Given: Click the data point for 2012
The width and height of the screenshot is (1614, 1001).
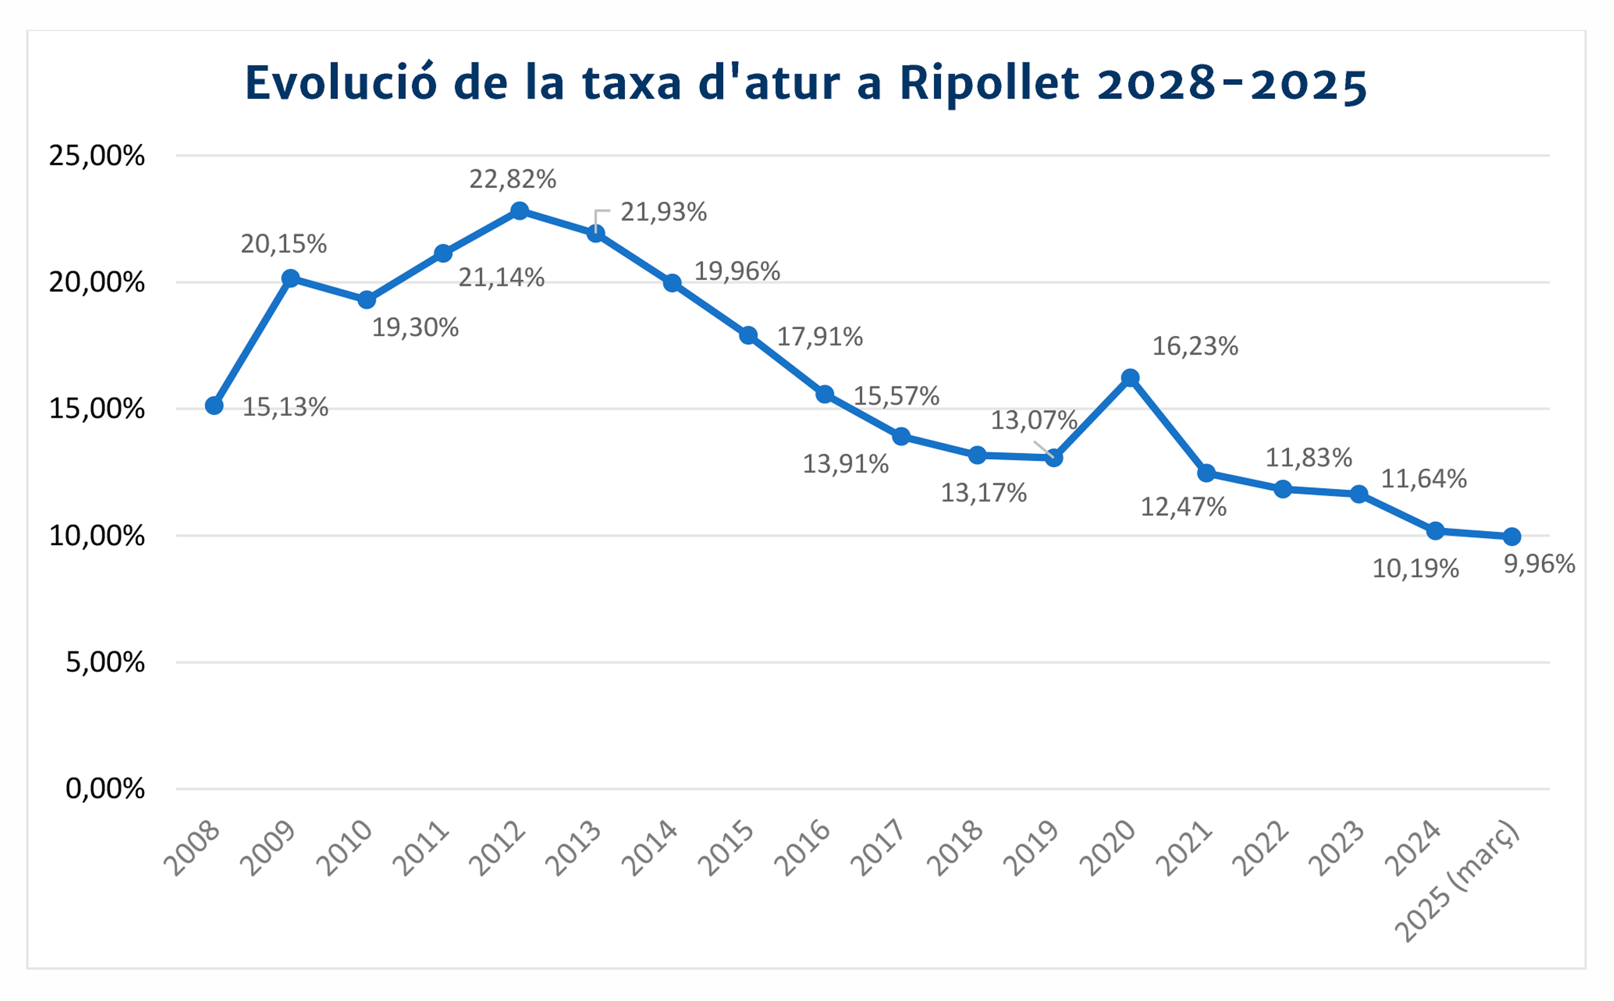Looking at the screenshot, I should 519,211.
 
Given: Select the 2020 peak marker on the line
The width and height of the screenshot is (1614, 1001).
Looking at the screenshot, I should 1130,378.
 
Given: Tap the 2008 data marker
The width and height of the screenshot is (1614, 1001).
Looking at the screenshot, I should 214,406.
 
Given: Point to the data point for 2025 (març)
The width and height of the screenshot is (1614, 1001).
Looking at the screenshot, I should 1512,536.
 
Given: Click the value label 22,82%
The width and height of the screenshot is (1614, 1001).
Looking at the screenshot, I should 513,179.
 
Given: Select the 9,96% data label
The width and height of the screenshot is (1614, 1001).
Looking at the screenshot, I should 1539,564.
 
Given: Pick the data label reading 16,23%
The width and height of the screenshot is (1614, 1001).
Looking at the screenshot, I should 1195,346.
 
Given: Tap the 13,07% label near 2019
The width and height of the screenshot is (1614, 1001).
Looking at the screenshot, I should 1034,420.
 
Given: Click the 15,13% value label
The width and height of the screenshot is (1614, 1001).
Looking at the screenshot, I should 285,407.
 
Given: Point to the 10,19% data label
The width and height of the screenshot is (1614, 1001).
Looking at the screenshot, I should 1415,569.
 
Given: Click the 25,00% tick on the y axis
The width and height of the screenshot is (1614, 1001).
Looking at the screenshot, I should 97,155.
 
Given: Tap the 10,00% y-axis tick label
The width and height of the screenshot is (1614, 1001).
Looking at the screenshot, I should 97,536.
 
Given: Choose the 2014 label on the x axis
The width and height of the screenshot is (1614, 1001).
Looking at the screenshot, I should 650,849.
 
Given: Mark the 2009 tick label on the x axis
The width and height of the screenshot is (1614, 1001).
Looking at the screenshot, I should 267,849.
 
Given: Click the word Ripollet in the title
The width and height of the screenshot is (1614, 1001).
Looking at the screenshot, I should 989,84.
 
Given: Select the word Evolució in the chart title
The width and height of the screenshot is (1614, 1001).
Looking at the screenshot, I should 341,84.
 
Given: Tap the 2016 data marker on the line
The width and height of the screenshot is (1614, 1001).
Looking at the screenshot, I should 825,395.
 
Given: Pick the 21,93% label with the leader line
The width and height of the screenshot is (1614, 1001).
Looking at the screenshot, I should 664,212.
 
